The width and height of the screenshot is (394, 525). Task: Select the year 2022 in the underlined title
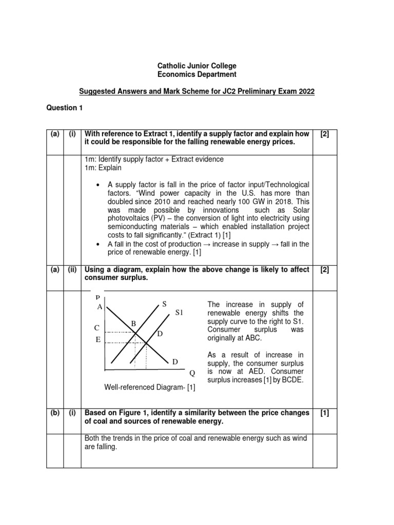pos(305,91)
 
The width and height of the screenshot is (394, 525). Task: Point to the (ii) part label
pos(72,270)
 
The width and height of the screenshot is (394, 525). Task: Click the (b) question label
pos(54,413)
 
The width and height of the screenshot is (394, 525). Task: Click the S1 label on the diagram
pos(179,312)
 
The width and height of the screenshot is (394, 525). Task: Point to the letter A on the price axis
pos(100,307)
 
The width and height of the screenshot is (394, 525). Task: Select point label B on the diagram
pos(133,324)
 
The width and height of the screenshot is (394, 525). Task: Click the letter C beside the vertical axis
pos(97,328)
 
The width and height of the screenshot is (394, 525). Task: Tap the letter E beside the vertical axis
pos(97,339)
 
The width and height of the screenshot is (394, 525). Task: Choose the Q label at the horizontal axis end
pos(192,373)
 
